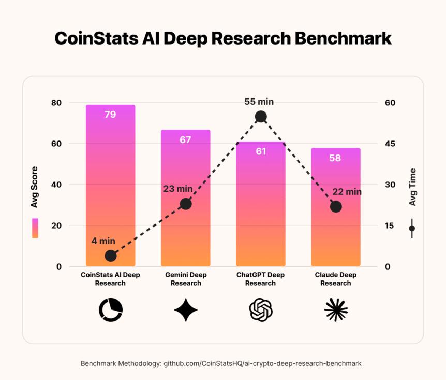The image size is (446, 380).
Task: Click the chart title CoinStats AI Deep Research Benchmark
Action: point(223,38)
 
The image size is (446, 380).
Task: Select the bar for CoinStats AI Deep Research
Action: point(110,187)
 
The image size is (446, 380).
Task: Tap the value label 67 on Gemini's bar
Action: point(185,139)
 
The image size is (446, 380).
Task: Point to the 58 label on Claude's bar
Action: point(335,158)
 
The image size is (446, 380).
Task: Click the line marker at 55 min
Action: point(261,117)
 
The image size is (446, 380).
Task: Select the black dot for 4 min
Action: point(110,256)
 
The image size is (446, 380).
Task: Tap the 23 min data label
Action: point(177,188)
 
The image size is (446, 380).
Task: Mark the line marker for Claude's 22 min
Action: point(336,206)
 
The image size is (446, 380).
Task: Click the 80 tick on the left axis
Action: point(56,103)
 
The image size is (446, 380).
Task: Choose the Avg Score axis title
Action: point(35,187)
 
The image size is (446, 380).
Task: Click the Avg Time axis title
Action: point(412,187)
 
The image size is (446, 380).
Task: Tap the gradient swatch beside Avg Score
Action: point(35,228)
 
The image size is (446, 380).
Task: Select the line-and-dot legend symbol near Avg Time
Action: point(412,228)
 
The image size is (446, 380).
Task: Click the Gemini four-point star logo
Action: point(186,310)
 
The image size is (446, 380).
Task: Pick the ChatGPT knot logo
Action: point(261,310)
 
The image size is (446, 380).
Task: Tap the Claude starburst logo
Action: point(336,310)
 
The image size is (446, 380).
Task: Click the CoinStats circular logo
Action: point(111,310)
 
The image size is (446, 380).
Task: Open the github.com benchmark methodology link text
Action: point(262,363)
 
